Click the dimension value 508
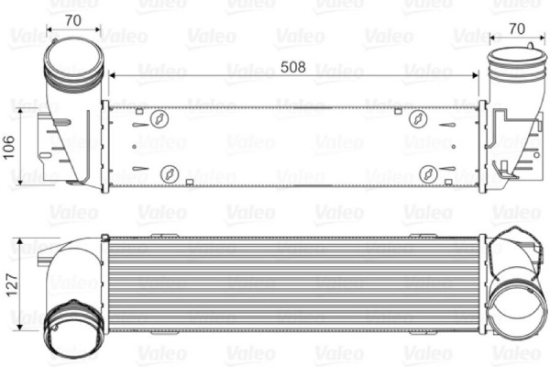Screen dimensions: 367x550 tap(292, 66)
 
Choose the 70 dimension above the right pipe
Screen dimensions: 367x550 tap(516, 28)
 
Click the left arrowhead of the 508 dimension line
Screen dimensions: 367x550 tap(113, 73)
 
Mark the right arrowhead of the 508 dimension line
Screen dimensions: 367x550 tap(476, 73)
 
